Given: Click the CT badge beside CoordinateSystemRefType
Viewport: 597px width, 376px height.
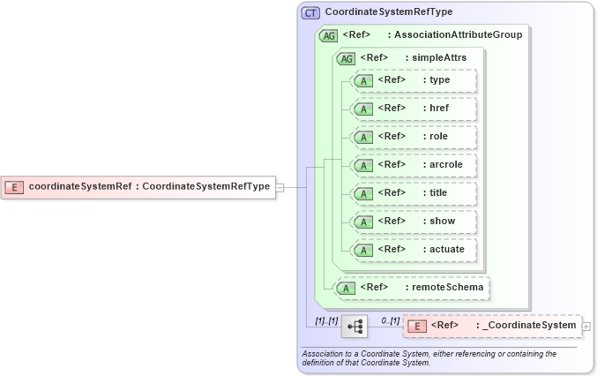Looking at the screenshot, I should pos(310,13).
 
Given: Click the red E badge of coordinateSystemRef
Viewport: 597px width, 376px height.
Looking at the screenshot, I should pos(15,186).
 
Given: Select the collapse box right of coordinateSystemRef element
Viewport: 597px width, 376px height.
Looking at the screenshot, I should pos(280,186).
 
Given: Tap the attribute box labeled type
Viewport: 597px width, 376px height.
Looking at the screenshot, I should pos(414,80).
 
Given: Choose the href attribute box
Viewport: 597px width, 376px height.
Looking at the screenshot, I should pos(414,109).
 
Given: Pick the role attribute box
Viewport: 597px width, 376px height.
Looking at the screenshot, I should pos(414,137).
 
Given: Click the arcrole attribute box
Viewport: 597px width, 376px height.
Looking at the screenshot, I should pos(414,165).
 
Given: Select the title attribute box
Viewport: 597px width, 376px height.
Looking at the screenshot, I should pos(414,193).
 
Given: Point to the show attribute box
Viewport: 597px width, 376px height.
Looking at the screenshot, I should pos(414,222).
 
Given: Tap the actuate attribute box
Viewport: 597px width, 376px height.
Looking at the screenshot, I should pos(414,250).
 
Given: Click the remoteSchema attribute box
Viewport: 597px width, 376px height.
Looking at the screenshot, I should pos(413,287).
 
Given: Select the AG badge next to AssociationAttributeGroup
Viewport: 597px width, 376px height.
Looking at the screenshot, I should pos(329,35).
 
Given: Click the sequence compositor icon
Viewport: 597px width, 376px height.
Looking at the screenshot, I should pos(355,327).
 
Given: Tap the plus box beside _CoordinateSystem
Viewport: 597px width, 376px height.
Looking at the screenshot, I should pos(586,327).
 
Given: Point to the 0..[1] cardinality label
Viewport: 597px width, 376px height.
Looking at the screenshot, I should pos(391,320).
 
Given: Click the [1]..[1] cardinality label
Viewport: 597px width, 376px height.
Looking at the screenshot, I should pos(326,320).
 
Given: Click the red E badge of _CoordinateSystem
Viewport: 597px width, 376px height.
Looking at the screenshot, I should pos(419,327).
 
